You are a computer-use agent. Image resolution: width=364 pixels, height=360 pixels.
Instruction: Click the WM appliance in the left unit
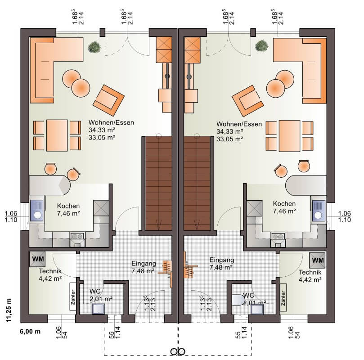click(x=37, y=259)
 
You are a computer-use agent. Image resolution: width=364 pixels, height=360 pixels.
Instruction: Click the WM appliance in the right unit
click(x=317, y=260)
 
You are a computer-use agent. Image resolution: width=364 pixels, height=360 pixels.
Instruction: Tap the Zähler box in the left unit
click(x=73, y=297)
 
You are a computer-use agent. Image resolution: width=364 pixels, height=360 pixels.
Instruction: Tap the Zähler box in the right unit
click(x=283, y=298)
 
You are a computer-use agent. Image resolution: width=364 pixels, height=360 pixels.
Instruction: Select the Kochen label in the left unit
click(x=68, y=206)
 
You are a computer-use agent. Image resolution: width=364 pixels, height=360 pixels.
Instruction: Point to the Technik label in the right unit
click(x=310, y=272)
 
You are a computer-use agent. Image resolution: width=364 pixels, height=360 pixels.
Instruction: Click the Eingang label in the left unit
click(x=144, y=263)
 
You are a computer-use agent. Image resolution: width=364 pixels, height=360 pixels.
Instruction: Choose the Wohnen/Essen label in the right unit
click(x=239, y=124)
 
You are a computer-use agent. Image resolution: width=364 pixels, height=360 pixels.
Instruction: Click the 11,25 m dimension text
click(x=9, y=310)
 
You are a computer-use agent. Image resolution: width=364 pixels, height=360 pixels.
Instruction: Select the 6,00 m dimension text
click(x=30, y=331)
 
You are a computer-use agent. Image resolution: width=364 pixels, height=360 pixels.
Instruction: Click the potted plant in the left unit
click(x=94, y=47)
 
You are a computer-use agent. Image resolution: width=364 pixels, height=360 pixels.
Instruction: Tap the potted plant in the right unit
click(x=261, y=45)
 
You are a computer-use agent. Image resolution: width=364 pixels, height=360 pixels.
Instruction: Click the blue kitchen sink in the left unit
click(x=37, y=210)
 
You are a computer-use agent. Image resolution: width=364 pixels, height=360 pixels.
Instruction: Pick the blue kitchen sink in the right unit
click(x=319, y=210)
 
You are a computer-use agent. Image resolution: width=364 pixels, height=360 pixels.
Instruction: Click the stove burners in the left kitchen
click(x=77, y=236)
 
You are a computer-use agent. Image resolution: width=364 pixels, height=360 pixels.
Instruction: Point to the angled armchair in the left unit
click(x=108, y=100)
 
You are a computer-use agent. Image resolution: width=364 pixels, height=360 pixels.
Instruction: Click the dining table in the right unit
click(x=289, y=136)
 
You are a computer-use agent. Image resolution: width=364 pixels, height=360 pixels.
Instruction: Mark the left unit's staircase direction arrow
click(x=158, y=225)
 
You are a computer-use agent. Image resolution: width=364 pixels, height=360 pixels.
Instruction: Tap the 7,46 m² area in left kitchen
click(x=68, y=213)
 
